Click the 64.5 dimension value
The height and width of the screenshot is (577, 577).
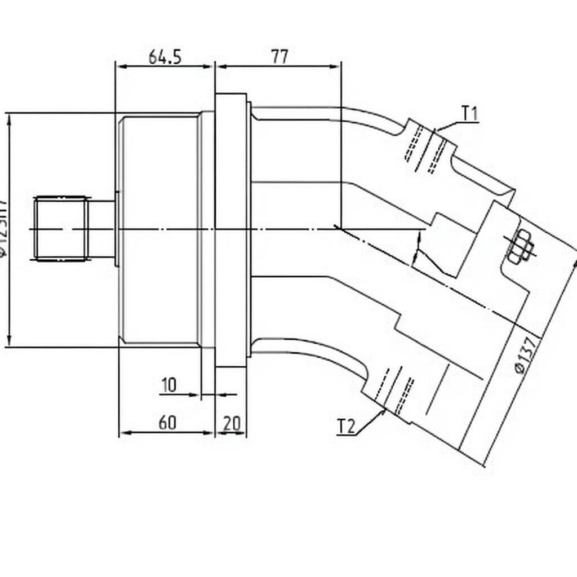(165, 57)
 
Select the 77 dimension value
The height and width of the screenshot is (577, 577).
(279, 56)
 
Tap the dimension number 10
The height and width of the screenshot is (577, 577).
(168, 385)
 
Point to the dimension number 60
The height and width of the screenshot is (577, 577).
(167, 423)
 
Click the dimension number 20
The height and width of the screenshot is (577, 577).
(232, 423)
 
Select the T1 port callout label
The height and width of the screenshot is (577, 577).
(470, 114)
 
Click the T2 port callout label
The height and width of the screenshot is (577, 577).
(347, 427)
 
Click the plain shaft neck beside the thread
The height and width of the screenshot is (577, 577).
(101, 228)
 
